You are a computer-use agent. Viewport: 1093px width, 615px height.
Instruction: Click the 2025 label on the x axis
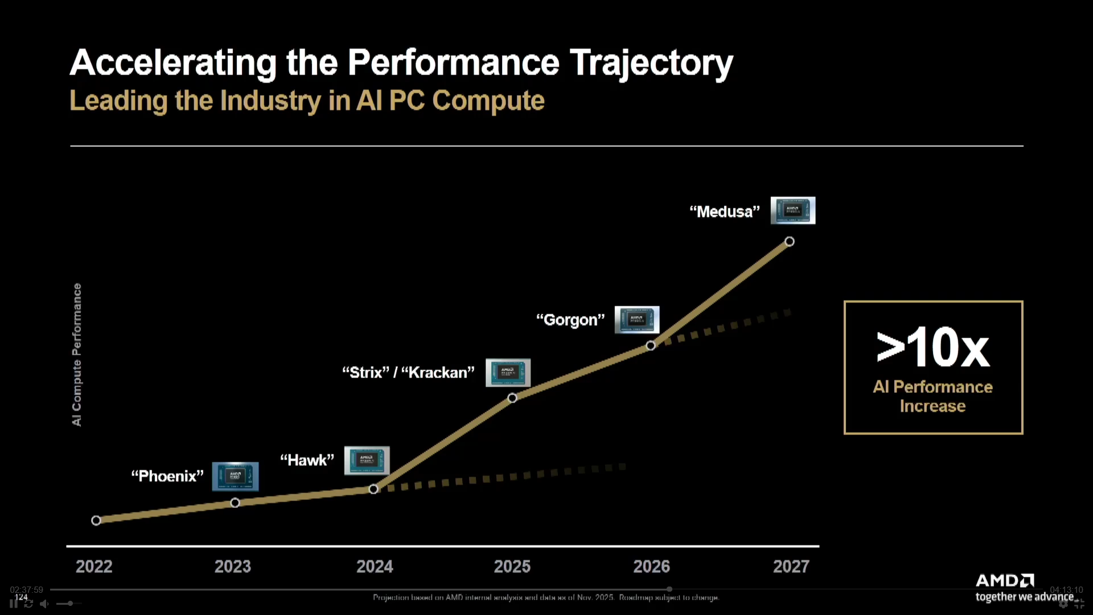click(512, 566)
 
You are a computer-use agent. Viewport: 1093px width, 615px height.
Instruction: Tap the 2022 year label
click(94, 566)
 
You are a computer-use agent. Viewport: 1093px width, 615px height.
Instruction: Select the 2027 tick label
click(791, 566)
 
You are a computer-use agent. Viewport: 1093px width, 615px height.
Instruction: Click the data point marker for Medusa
click(789, 241)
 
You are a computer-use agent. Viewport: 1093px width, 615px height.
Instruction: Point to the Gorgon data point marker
click(651, 346)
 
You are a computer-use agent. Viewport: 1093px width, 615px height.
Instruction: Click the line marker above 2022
click(96, 520)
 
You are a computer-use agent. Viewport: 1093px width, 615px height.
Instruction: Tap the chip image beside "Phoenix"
click(235, 476)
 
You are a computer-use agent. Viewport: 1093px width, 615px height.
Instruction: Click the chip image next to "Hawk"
click(367, 460)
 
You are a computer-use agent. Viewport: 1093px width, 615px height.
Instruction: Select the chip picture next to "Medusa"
click(792, 210)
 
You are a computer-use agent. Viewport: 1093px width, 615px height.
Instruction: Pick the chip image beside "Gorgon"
click(636, 319)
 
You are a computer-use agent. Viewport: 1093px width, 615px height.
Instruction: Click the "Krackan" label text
click(438, 372)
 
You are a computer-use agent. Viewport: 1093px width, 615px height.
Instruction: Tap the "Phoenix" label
click(167, 476)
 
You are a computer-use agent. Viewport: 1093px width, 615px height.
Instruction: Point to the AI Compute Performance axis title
click(77, 354)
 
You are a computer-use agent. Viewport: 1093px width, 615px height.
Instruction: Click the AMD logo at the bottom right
click(1005, 580)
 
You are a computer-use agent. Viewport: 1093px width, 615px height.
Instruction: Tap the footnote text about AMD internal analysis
click(545, 597)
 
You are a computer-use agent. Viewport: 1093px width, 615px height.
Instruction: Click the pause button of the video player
click(13, 603)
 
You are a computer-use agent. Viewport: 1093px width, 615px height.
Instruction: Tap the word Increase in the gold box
click(932, 406)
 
